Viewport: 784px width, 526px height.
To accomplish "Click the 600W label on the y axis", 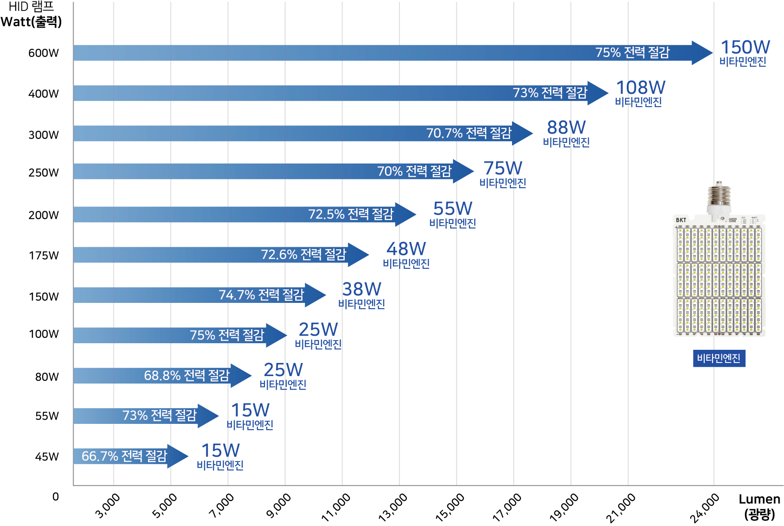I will coord(43,53).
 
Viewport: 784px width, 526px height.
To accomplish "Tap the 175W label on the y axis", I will coord(43,256).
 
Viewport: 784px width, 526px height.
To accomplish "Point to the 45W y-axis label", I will coord(46,457).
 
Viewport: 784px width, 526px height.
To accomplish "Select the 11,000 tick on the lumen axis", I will coord(336,507).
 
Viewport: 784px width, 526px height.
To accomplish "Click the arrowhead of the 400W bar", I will coord(597,93).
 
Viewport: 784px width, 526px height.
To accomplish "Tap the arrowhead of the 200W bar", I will coord(405,214).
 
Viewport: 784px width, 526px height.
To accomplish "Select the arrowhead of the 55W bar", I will coord(208,416).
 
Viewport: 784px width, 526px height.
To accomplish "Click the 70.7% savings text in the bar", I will coord(469,133).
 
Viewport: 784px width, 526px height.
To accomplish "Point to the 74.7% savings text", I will coord(261,295).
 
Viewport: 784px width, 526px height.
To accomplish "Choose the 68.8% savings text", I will coord(187,376).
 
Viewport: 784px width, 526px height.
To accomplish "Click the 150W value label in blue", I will coord(745,47).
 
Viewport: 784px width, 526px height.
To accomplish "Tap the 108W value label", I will coord(640,88).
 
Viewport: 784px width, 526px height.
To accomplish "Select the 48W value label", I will coord(406,249).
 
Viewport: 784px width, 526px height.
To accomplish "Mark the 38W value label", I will coord(361,289).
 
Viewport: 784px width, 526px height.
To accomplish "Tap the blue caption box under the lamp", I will coord(719,359).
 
